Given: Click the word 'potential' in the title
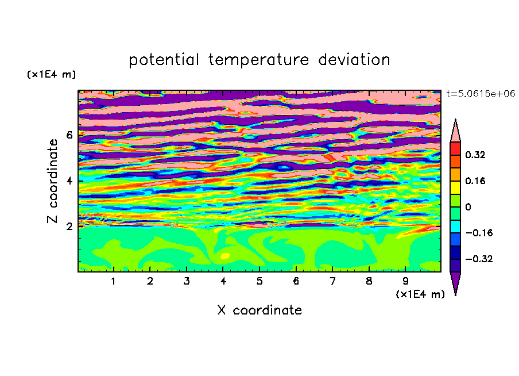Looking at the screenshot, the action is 164,60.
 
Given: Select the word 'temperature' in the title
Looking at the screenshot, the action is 258,60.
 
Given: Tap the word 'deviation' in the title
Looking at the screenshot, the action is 354,60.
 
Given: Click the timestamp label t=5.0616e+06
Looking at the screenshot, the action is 481,94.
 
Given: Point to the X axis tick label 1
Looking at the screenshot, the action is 113,281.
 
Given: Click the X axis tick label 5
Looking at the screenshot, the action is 259,281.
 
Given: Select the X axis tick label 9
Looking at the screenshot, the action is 405,281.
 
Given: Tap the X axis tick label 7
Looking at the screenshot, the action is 332,281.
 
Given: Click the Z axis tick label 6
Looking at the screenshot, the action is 69,135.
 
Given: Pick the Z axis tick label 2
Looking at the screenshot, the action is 69,227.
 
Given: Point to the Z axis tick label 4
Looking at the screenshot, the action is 69,181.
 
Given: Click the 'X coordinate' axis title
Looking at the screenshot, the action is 259,310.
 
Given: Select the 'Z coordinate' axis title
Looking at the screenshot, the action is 52,181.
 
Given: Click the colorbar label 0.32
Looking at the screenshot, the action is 475,155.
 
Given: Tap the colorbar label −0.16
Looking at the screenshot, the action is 479,233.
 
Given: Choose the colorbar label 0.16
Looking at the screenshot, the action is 475,181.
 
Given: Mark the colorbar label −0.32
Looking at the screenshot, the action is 479,259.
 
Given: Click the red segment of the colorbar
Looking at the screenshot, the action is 455,148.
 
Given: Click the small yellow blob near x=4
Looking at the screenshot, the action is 224,256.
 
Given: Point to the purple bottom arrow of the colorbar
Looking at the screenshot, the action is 455,282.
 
